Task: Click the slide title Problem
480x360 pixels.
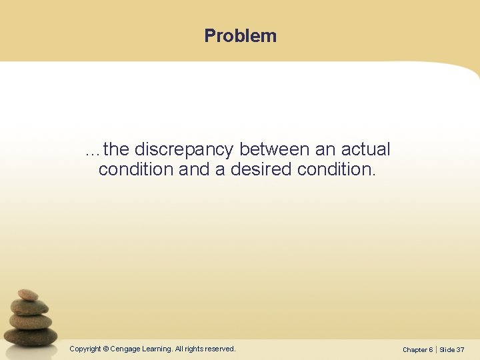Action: tap(240, 35)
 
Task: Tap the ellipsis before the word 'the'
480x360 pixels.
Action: tap(93, 151)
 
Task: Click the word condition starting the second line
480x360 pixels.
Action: tap(136, 169)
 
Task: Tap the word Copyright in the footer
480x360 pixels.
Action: tap(85, 349)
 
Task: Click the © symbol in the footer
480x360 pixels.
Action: tap(105, 349)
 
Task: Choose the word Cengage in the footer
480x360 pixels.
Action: tap(125, 349)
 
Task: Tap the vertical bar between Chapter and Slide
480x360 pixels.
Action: tap(435, 349)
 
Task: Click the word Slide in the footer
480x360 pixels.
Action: tap(447, 349)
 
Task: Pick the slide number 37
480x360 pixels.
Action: tap(461, 349)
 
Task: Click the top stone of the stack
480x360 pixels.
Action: tap(28, 295)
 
